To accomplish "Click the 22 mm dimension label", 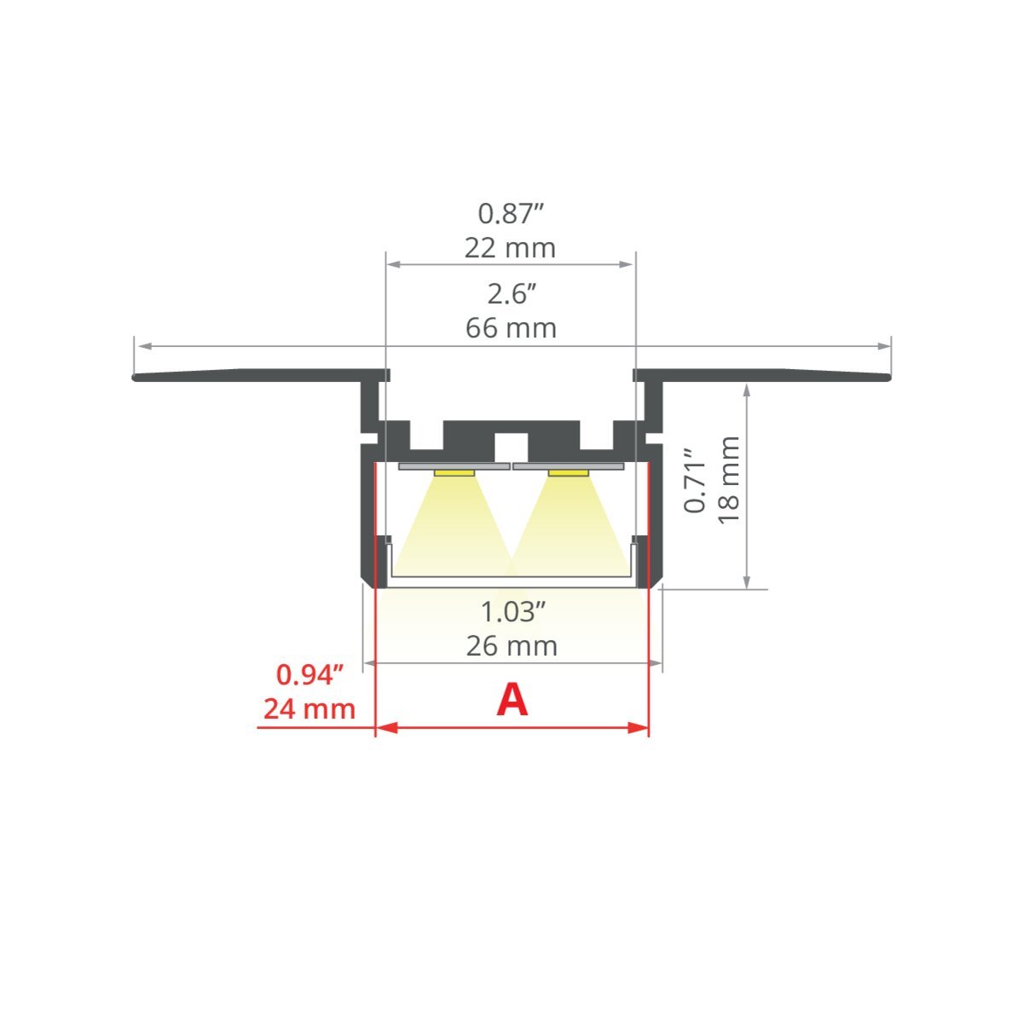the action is tap(510, 248).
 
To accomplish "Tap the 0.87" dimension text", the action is tap(511, 214).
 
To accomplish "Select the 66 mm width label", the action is tap(511, 328).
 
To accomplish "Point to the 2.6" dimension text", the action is tap(511, 293).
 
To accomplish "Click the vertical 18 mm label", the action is tap(728, 480).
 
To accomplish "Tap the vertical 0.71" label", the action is tap(695, 481).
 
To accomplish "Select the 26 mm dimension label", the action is tap(511, 646).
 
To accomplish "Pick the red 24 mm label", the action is tap(309, 709).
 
